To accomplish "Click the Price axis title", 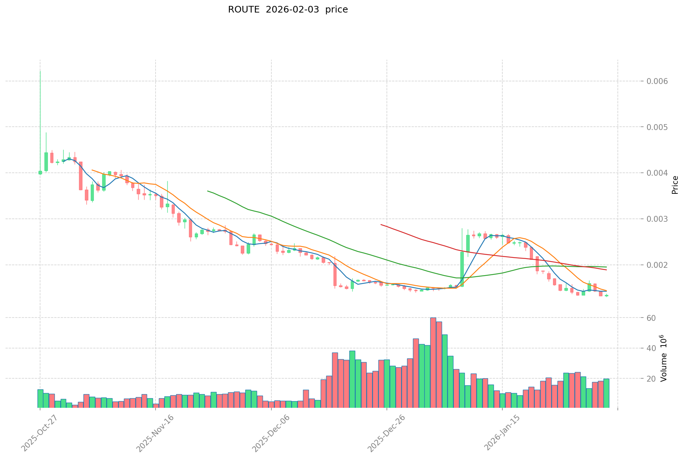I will (x=674, y=185).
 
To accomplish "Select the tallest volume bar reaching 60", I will (x=433, y=362).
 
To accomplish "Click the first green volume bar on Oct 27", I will (x=40, y=399).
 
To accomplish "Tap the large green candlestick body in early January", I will (x=462, y=269).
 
